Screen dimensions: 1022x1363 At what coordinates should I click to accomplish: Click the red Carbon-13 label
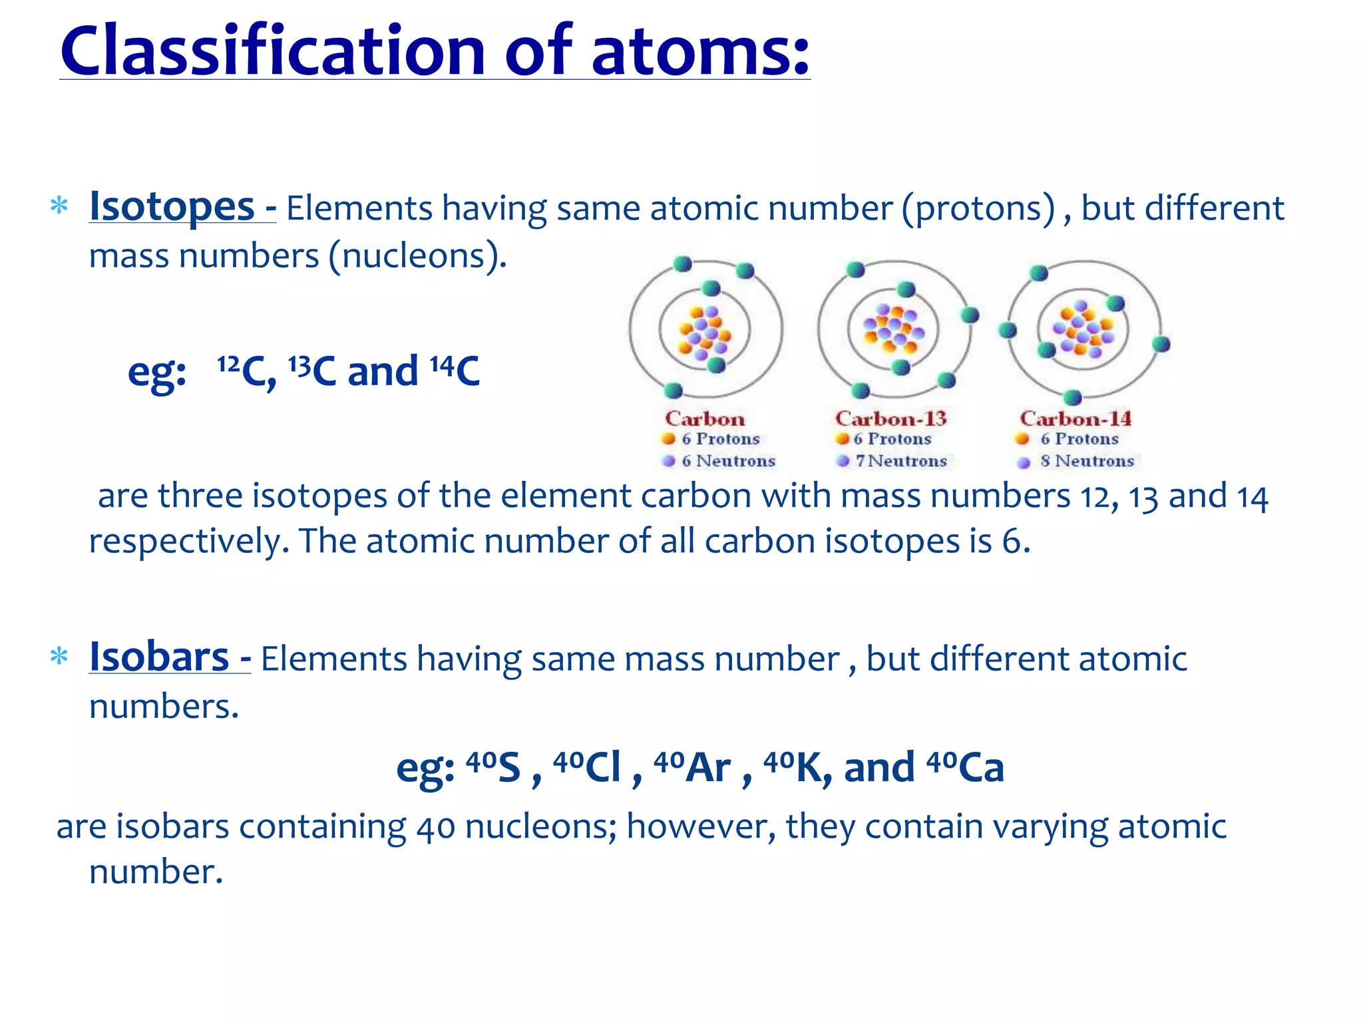tap(890, 419)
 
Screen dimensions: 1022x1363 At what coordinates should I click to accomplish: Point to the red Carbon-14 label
tap(1075, 419)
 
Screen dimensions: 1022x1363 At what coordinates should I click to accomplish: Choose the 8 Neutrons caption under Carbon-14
tap(1087, 460)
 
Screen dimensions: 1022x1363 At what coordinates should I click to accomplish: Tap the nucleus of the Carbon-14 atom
tap(1082, 329)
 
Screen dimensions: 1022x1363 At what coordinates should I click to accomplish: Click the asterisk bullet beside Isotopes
tap(59, 206)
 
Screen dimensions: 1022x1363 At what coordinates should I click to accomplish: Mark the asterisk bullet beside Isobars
tap(59, 657)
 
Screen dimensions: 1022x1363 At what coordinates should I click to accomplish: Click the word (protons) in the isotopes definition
tap(978, 208)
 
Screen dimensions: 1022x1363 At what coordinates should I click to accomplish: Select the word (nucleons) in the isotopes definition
tap(417, 256)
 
